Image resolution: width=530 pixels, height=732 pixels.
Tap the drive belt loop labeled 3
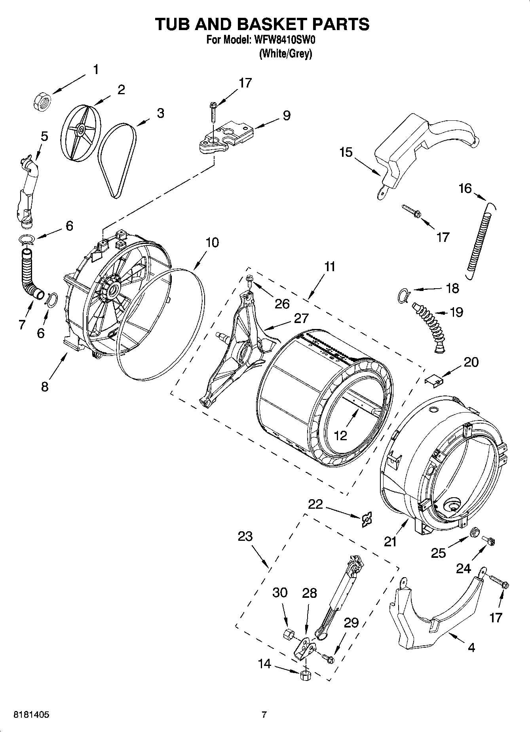coord(117,160)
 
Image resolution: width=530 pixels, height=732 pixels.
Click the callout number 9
coord(286,115)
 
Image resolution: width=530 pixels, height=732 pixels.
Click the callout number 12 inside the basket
coord(340,435)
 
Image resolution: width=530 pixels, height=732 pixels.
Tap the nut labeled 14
coord(304,675)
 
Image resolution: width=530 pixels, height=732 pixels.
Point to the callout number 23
coord(245,536)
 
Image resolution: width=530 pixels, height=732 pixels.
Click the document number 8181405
coord(32,715)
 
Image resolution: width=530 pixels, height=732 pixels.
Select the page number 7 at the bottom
coord(264,715)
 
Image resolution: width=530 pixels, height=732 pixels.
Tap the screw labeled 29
coord(328,659)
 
